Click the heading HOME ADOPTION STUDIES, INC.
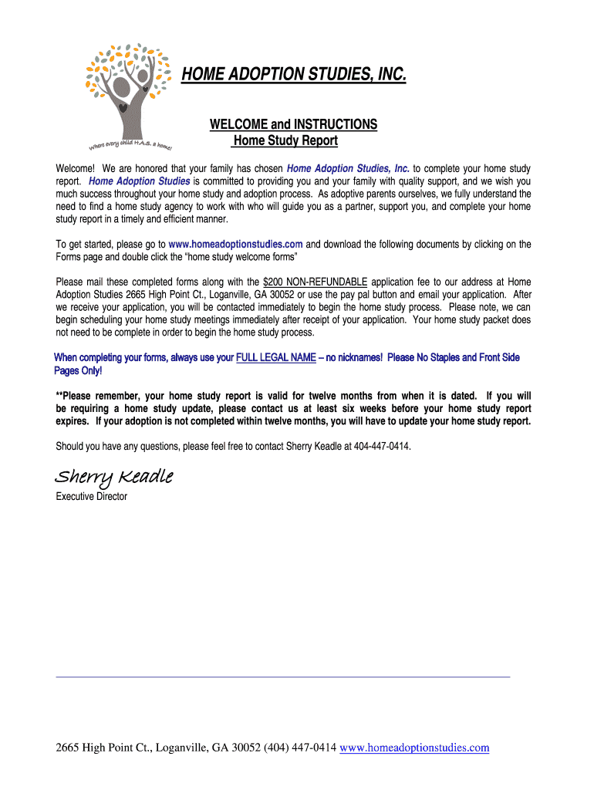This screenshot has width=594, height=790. tap(292, 75)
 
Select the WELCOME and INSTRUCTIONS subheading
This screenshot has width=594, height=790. tap(294, 124)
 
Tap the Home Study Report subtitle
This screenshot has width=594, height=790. tap(285, 141)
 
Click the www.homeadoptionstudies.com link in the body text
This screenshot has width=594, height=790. tap(235, 244)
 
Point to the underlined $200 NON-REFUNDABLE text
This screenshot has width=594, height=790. tap(315, 282)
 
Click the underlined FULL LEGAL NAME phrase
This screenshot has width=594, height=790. tap(275, 357)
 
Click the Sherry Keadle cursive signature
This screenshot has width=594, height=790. tap(113, 477)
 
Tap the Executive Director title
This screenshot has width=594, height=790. tap(91, 496)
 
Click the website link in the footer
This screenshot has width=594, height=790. tap(414, 748)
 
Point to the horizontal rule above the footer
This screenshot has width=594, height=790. tap(283, 677)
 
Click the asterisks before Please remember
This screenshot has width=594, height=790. tap(59, 396)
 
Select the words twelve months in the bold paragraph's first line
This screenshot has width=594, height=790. tap(356, 396)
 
